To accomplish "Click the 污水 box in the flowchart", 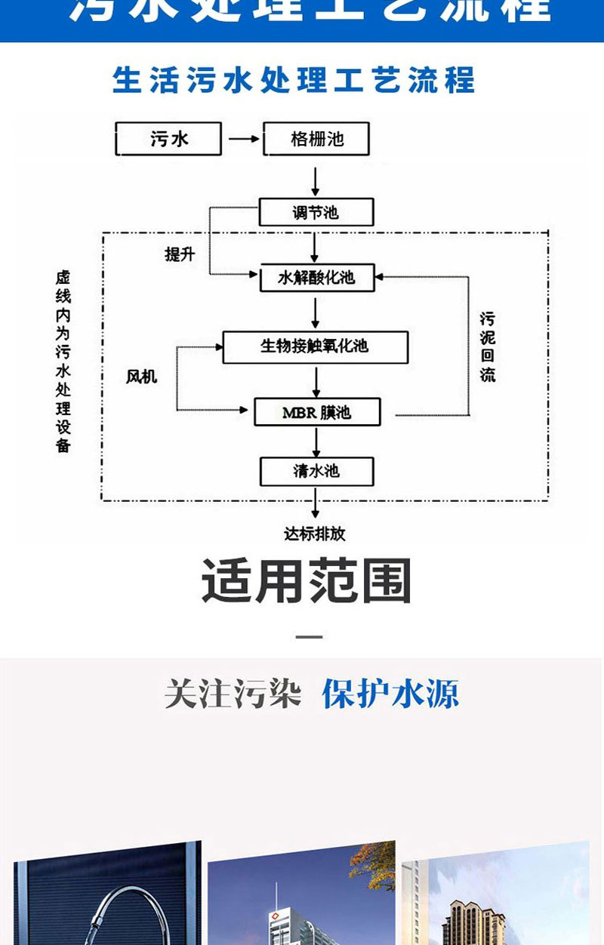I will pos(168,140).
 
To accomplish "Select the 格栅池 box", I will pos(316,140).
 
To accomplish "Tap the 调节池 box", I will pos(316,212).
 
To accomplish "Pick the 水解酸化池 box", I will pos(316,278).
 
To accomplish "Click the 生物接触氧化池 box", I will pos(315,346).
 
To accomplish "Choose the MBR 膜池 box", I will pos(316,412).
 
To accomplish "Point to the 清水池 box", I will pos(316,472).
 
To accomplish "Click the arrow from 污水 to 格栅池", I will pos(243,140).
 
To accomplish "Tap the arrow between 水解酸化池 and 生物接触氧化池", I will pos(316,311).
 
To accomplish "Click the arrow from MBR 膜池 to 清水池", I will pos(316,442).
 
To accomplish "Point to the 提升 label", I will pos(180,254).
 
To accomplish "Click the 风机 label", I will pos(141,375).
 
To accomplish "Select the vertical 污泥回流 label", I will pos(488,346).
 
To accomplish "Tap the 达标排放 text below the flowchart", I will pos(315,534).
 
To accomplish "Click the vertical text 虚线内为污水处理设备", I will pos(63,362).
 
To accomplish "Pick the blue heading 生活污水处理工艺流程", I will pos(294,80).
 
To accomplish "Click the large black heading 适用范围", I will pos(307,581).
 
